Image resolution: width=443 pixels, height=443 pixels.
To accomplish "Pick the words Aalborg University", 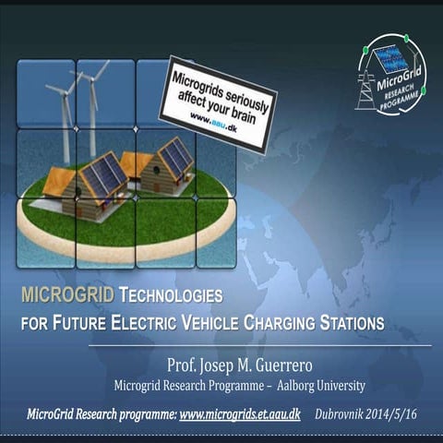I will pyautogui.click(x=319, y=385).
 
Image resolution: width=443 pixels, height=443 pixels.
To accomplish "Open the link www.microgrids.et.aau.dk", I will pyautogui.click(x=240, y=415).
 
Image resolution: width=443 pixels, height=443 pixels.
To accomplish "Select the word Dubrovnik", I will pyautogui.click(x=340, y=415).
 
